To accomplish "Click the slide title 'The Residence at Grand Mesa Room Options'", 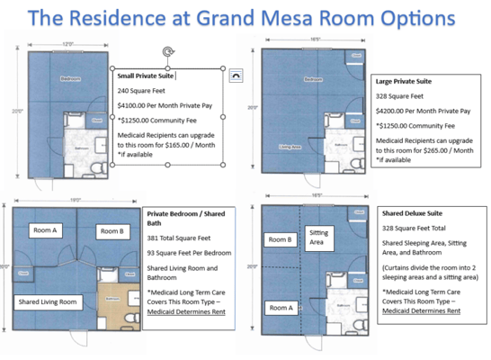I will click(245, 18).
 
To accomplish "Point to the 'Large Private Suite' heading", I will click(402, 81).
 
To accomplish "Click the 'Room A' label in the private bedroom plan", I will click(47, 229).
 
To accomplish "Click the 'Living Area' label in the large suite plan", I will click(290, 146).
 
